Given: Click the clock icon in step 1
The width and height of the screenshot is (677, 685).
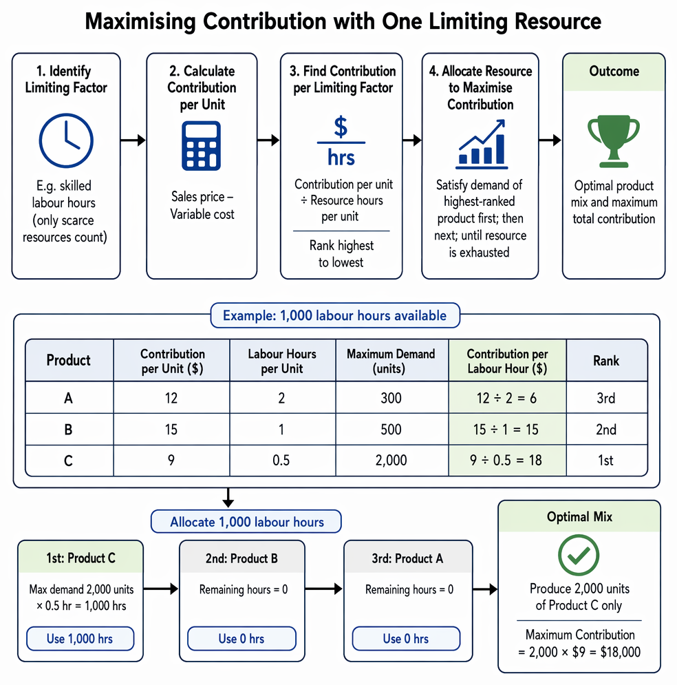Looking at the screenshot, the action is point(66,140).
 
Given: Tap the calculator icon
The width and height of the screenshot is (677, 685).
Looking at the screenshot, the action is point(201,146).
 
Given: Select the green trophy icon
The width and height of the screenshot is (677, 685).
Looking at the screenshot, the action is point(614,141).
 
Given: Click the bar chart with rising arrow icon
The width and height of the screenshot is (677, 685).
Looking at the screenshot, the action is point(482,144).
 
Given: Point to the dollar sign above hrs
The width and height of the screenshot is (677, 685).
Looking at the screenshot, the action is point(341,127).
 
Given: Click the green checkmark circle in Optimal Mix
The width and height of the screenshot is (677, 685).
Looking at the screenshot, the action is point(579,556).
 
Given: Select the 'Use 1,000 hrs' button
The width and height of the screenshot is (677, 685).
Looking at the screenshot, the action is point(80,639).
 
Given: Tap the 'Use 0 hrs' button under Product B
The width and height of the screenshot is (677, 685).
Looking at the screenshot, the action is point(241,639).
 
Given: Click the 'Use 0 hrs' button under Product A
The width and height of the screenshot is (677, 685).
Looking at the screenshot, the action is point(407,639).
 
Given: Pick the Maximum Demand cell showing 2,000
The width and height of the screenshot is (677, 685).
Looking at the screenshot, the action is point(391,461).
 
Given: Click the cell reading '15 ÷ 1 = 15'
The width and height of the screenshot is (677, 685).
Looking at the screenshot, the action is point(507,429).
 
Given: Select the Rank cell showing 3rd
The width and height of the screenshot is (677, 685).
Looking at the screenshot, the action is point(606,398).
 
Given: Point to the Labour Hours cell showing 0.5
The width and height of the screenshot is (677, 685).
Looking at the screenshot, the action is point(281,461).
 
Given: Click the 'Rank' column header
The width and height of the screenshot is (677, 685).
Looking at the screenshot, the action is point(606,361).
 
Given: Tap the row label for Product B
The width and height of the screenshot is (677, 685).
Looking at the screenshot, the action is point(69,430).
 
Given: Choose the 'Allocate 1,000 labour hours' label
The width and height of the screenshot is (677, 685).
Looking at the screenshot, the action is point(246,522).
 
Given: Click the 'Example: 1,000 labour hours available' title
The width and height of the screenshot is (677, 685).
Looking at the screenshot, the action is point(335,315).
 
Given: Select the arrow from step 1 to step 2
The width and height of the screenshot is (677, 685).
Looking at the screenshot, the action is point(133,140).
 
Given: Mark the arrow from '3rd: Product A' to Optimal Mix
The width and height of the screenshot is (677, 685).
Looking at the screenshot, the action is point(485,589).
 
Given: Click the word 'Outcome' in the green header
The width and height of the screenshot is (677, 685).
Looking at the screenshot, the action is point(614,71).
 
